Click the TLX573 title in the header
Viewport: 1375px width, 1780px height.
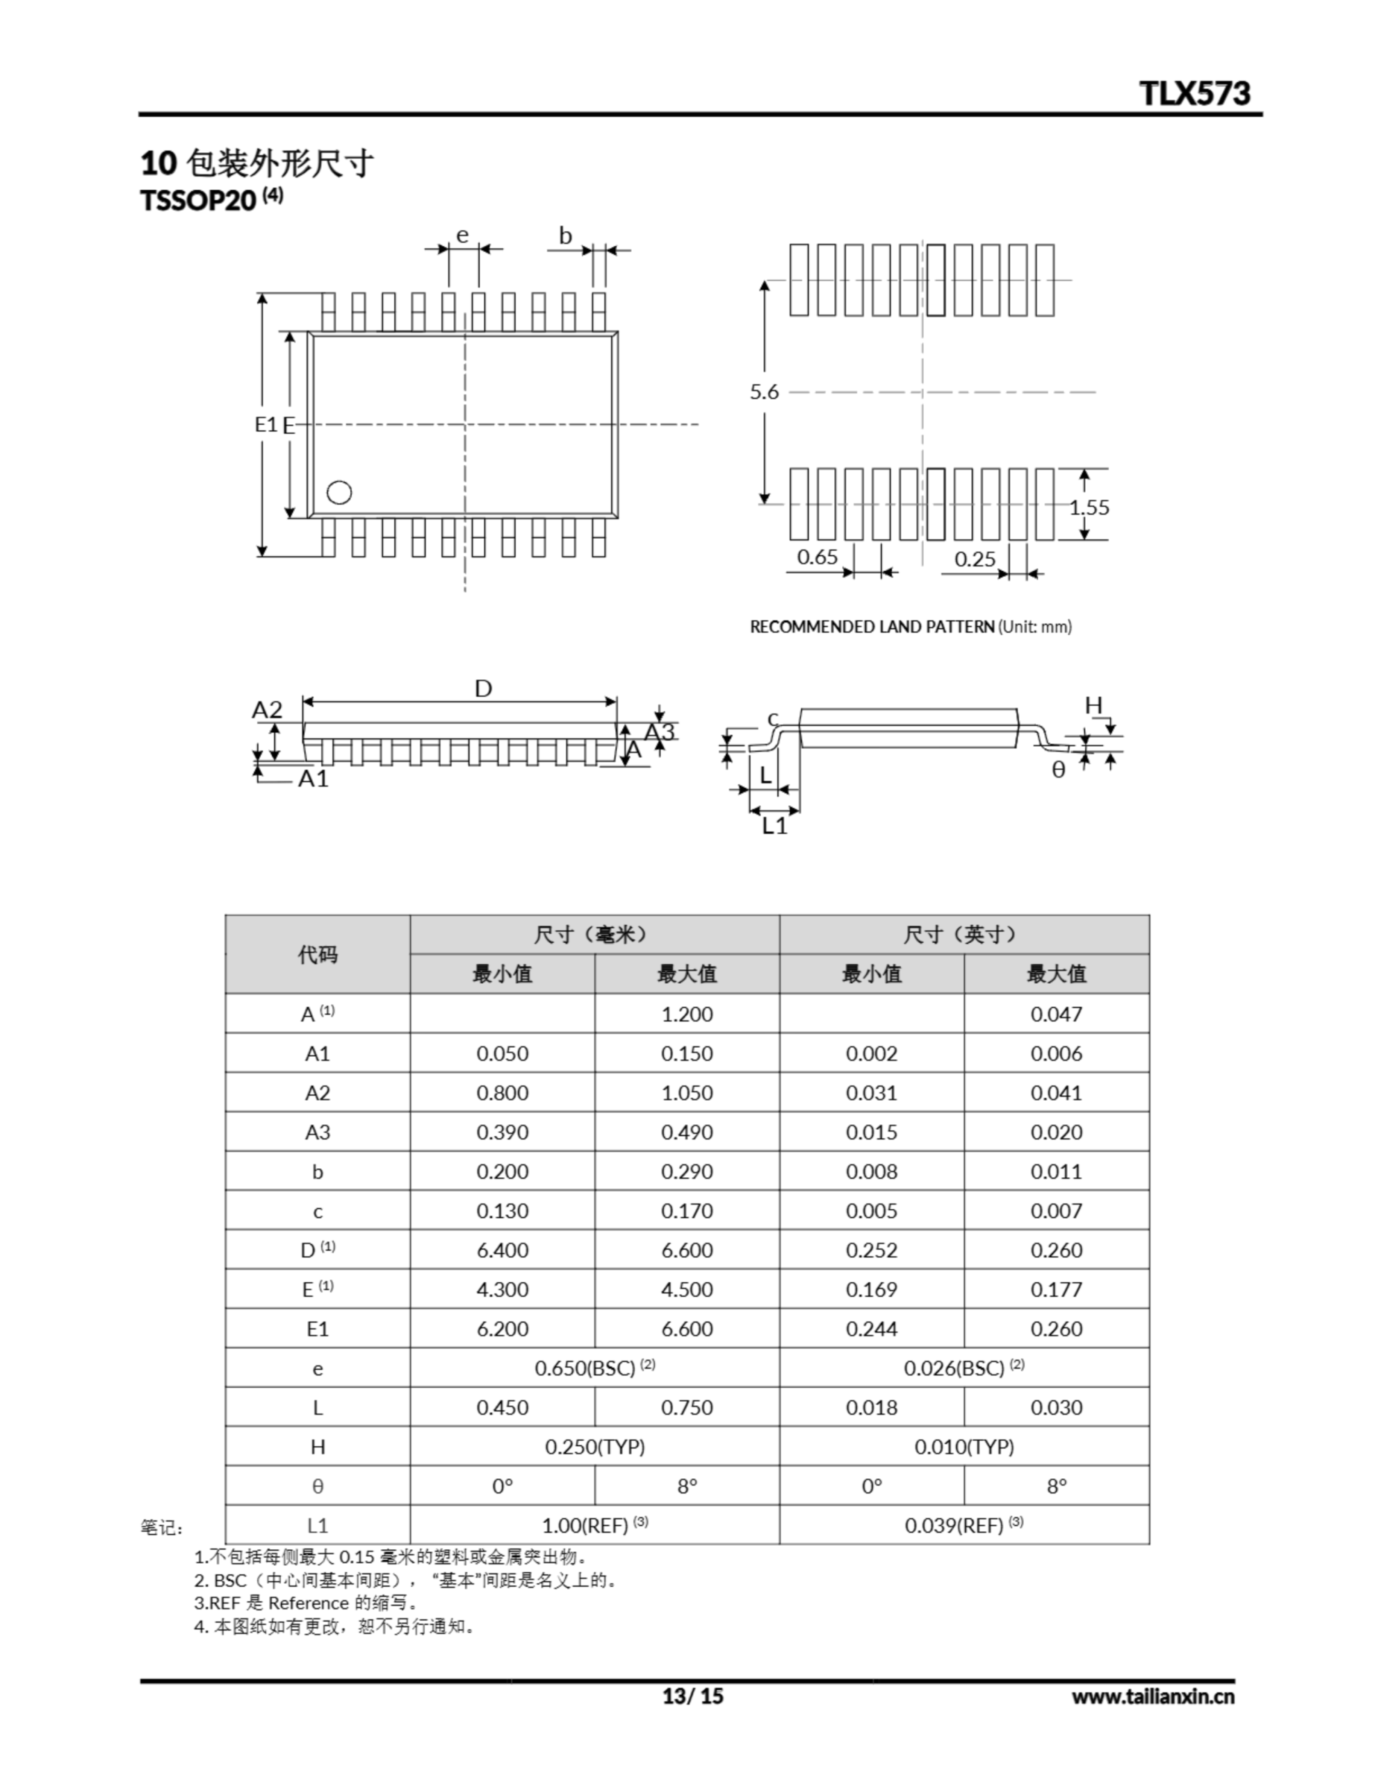coord(1194,94)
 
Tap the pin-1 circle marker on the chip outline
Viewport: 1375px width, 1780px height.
coord(339,492)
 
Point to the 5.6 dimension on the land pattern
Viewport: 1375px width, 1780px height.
coord(764,392)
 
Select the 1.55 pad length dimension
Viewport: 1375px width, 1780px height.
coord(1089,507)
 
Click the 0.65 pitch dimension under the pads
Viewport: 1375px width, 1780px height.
coord(817,558)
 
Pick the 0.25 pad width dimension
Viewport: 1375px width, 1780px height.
coord(975,559)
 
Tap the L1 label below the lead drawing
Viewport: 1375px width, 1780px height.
coord(774,827)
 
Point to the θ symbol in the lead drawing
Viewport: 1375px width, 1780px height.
coord(1058,770)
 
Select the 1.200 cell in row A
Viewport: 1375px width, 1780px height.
coord(686,1014)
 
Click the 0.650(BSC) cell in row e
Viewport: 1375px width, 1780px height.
coord(594,1368)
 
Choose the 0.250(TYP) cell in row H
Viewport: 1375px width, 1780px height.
coord(594,1447)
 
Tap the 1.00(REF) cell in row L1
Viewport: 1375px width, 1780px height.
coord(594,1525)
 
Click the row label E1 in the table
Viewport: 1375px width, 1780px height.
coord(317,1329)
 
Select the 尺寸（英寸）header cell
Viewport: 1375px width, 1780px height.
coord(963,934)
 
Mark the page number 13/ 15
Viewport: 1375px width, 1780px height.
coord(692,1696)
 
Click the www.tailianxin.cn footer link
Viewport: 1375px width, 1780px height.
coord(1153,1697)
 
